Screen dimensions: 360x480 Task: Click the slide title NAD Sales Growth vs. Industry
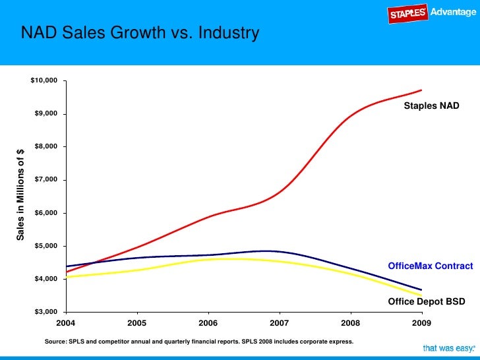click(140, 32)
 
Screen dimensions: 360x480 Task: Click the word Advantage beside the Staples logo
click(452, 13)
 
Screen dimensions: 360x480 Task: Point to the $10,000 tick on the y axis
click(44, 80)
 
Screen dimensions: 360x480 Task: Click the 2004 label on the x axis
click(65, 322)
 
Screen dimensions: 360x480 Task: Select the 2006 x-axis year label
click(208, 322)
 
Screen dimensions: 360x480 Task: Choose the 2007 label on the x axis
click(280, 322)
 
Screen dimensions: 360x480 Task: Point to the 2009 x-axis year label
click(422, 322)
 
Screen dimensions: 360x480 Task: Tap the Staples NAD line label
click(431, 105)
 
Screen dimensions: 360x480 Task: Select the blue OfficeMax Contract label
click(430, 266)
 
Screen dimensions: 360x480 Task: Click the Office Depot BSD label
click(426, 301)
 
